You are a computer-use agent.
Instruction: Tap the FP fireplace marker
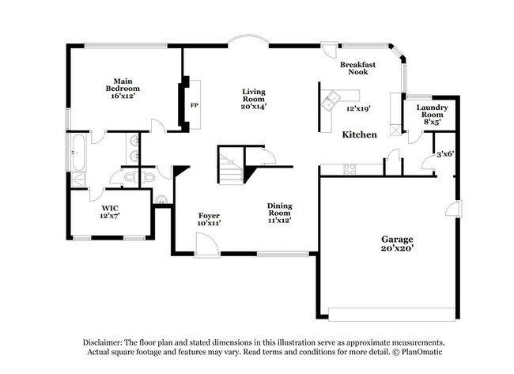(193, 104)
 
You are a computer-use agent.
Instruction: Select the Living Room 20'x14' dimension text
(254, 105)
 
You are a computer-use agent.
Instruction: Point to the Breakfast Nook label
(357, 67)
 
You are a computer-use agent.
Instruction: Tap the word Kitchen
(359, 135)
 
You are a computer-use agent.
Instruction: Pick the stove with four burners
(348, 168)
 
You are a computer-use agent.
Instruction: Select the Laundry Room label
(432, 111)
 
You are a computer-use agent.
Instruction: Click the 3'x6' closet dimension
(444, 154)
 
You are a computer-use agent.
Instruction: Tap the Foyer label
(209, 219)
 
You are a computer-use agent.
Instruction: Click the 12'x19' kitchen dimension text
(359, 109)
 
